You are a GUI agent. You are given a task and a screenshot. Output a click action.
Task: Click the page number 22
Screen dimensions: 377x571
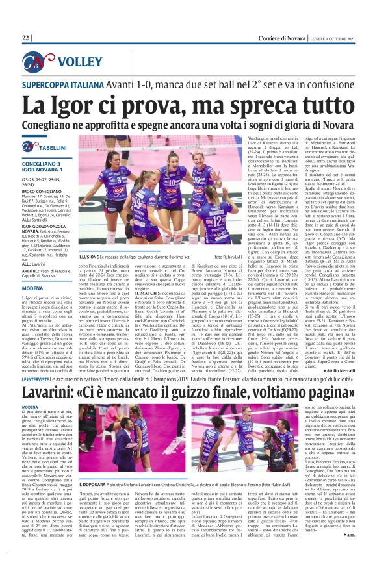tap(26, 38)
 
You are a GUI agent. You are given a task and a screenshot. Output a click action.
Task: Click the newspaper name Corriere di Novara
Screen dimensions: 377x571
tap(282, 38)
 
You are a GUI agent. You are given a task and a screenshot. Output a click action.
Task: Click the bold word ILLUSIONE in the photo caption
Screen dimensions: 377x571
tap(89, 257)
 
